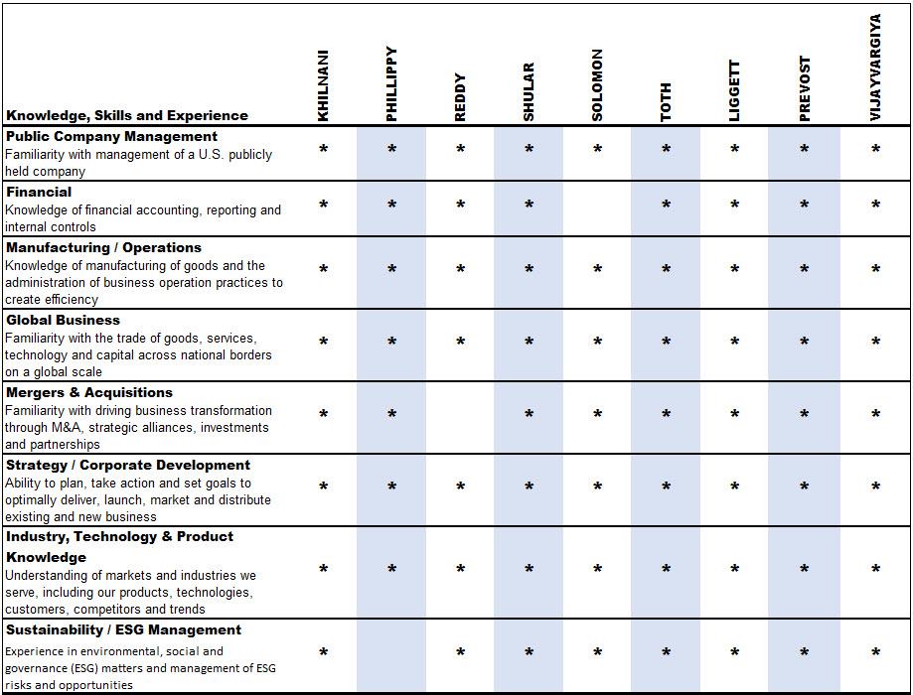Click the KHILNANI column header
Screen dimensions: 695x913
click(x=323, y=87)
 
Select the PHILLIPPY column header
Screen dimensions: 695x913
click(x=391, y=84)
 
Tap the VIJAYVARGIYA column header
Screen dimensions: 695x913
click(x=875, y=68)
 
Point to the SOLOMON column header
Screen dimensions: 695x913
click(x=597, y=85)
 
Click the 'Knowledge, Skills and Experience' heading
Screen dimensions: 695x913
click(x=127, y=115)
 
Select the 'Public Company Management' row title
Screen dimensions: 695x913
click(x=111, y=136)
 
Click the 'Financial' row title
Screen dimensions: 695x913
click(x=39, y=192)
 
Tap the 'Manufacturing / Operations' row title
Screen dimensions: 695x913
click(x=103, y=247)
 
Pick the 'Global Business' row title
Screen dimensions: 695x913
click(x=63, y=320)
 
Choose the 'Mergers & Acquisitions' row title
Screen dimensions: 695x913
click(x=89, y=392)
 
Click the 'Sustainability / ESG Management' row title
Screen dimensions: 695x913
click(x=123, y=629)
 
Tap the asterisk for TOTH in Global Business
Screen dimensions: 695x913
click(x=666, y=343)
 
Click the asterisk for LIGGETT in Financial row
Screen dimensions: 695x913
click(x=734, y=206)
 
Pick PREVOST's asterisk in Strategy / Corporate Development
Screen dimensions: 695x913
click(x=804, y=487)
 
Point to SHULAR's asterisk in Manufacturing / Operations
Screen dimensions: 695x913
click(x=529, y=270)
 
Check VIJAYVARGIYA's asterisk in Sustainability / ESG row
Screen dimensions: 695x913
click(x=875, y=653)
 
